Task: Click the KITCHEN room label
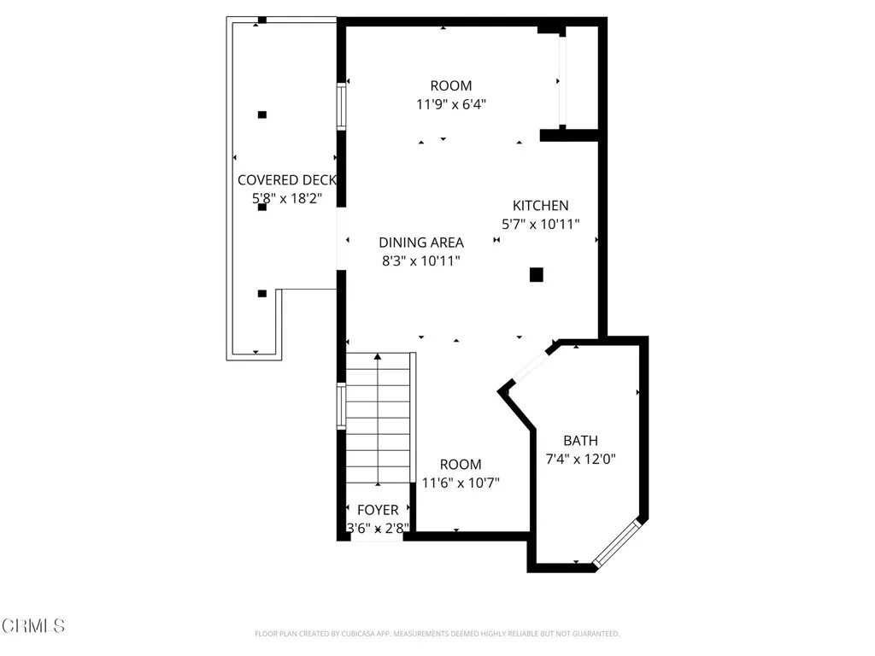click(540, 206)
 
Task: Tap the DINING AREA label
click(421, 243)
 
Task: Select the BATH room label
click(580, 441)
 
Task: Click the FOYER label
click(377, 510)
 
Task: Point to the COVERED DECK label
click(286, 180)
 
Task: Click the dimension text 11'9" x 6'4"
click(451, 104)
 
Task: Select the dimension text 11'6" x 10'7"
click(461, 483)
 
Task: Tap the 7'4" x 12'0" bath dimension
click(580, 459)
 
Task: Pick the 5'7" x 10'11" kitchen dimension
click(540, 224)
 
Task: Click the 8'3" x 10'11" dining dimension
click(421, 261)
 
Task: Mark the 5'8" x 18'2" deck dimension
click(286, 198)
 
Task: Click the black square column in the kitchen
click(536, 274)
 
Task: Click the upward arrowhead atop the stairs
click(378, 356)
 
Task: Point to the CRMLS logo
click(32, 626)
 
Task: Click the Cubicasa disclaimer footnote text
click(437, 634)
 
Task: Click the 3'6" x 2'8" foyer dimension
click(377, 528)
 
